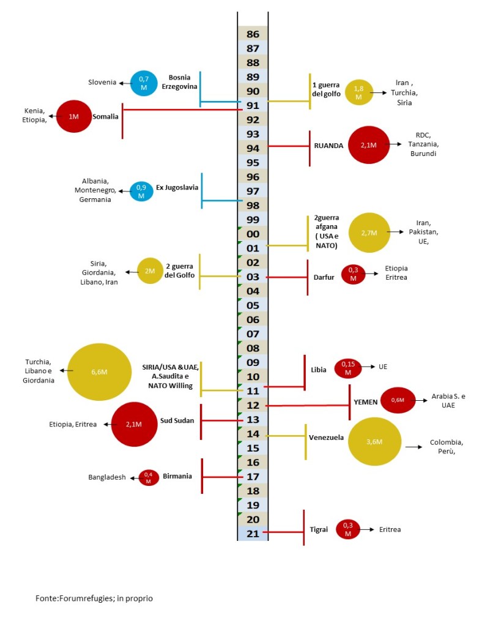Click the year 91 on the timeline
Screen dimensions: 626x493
tap(253, 105)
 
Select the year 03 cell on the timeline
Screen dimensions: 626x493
tap(253, 277)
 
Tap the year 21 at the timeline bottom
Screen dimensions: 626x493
tap(253, 533)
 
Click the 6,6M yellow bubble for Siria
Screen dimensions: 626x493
tap(99, 371)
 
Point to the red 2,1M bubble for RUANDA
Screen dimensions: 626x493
tap(368, 146)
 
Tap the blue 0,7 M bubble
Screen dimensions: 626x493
tap(144, 83)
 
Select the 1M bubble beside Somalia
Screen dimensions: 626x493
tap(73, 116)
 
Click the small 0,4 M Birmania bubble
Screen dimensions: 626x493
tap(148, 477)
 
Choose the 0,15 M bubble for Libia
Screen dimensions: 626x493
tap(347, 368)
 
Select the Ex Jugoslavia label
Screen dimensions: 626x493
tap(177, 187)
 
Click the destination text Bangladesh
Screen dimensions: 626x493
tap(106, 477)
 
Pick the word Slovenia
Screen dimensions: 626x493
tap(102, 83)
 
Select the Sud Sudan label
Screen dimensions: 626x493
tap(176, 422)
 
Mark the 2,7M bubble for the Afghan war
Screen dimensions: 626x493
tap(369, 233)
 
